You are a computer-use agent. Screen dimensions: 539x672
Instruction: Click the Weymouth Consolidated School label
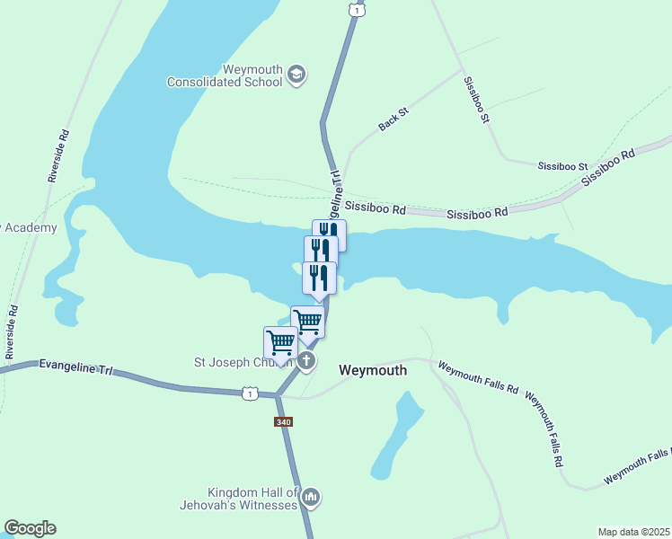pyautogui.click(x=225, y=75)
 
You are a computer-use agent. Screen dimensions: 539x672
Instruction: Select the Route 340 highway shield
pyautogui.click(x=283, y=420)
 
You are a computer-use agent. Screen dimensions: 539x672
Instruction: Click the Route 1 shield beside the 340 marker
pyautogui.click(x=251, y=393)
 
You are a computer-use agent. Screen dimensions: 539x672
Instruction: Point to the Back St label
pyautogui.click(x=393, y=119)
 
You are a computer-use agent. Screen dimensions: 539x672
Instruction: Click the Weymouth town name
pyautogui.click(x=372, y=370)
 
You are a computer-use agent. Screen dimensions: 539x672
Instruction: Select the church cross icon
pyautogui.click(x=306, y=362)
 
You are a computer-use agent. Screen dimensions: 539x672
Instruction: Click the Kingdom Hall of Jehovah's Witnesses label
pyautogui.click(x=252, y=499)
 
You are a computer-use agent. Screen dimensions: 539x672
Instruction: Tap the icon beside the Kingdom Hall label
pyautogui.click(x=311, y=496)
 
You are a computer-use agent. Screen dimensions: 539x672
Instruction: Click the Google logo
pyautogui.click(x=30, y=528)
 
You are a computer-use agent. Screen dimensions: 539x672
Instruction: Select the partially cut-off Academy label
pyautogui.click(x=29, y=227)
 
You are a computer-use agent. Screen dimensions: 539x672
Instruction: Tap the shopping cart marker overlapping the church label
pyautogui.click(x=280, y=343)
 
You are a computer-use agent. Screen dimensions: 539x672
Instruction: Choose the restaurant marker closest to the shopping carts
pyautogui.click(x=319, y=278)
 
